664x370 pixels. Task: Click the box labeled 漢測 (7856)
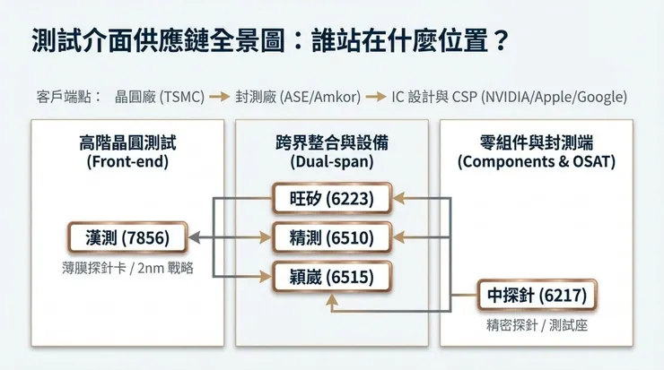coord(127,237)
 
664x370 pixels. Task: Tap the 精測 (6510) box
coord(332,237)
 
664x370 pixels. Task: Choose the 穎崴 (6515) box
coord(332,277)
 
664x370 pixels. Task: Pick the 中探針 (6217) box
coord(537,295)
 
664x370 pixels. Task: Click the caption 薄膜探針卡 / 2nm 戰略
coord(127,267)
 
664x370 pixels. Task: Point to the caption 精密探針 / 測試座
coord(537,325)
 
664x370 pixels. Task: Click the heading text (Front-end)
coord(127,162)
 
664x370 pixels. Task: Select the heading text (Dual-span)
coord(332,162)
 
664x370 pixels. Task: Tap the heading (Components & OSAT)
coord(537,162)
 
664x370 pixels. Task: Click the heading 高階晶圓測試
coord(127,143)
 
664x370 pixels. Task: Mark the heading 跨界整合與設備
coord(332,143)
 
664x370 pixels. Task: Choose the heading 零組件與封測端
coord(537,143)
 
